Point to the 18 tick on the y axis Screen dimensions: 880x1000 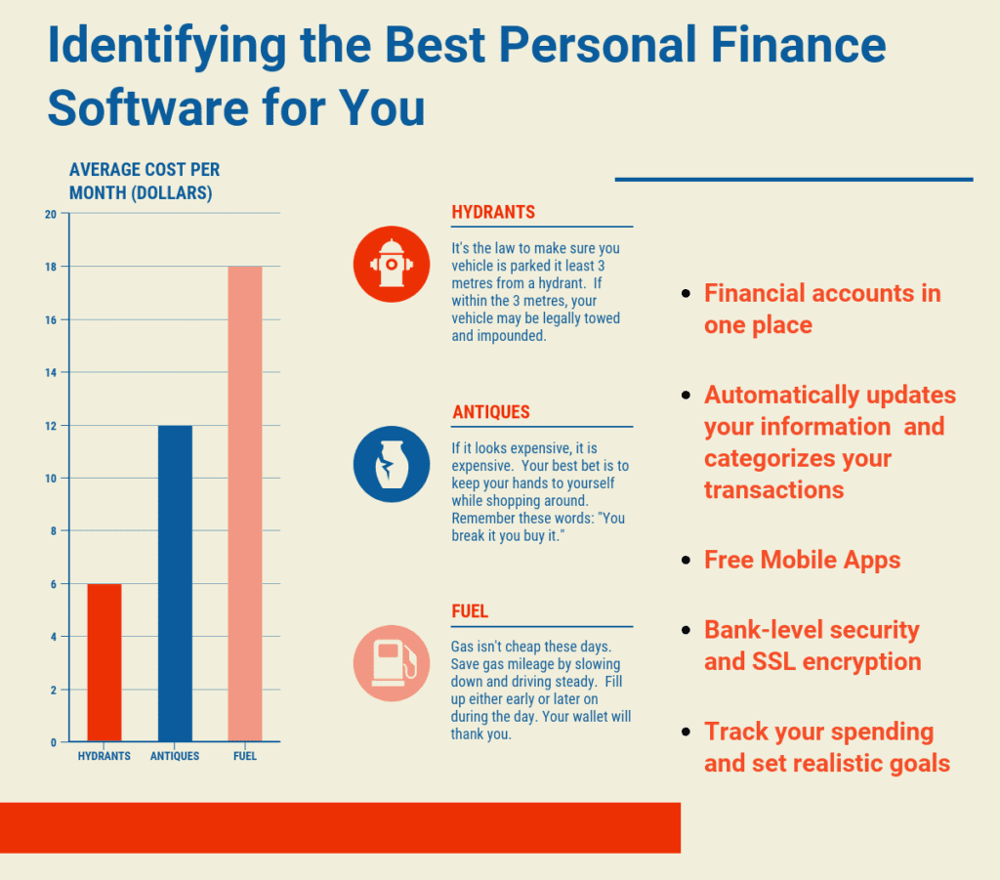click(50, 267)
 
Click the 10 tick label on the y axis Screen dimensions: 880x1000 click(50, 479)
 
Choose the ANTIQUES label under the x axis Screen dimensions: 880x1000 click(175, 756)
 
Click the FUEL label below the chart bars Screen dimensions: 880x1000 click(245, 756)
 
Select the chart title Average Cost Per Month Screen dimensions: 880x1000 click(144, 182)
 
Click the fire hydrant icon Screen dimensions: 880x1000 click(392, 265)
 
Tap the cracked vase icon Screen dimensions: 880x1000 click(392, 464)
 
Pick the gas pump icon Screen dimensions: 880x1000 click(392, 663)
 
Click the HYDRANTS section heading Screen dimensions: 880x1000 click(493, 213)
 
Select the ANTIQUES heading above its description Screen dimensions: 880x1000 click(491, 412)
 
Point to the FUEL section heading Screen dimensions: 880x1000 click(470, 611)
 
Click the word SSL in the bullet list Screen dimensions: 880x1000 click(776, 661)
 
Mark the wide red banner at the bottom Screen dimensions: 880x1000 click(340, 827)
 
